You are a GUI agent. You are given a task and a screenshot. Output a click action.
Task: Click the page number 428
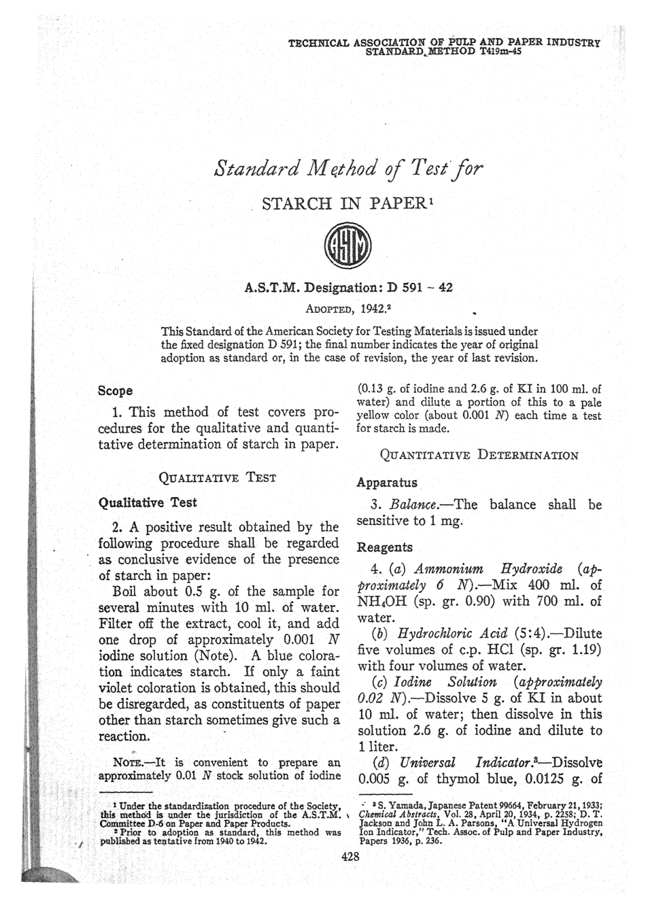(x=350, y=857)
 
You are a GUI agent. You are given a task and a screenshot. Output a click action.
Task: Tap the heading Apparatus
(x=387, y=482)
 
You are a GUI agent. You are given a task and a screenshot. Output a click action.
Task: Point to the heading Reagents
(x=385, y=547)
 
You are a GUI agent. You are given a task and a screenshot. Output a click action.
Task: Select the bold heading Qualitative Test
(x=148, y=502)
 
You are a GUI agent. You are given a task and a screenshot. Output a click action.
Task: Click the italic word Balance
(x=415, y=505)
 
